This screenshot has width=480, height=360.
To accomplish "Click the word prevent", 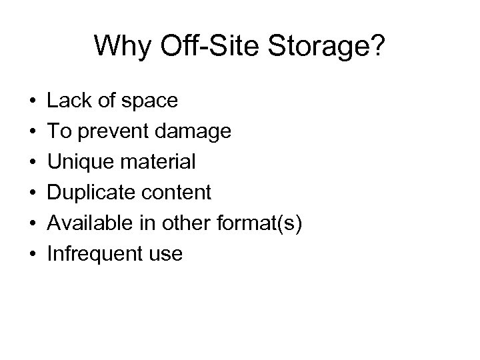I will pos(117,131).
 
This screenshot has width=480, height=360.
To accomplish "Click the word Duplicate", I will pos(91,193).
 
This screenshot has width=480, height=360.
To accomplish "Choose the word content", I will pos(178,193).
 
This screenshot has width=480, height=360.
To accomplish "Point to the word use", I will pos(164,254).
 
